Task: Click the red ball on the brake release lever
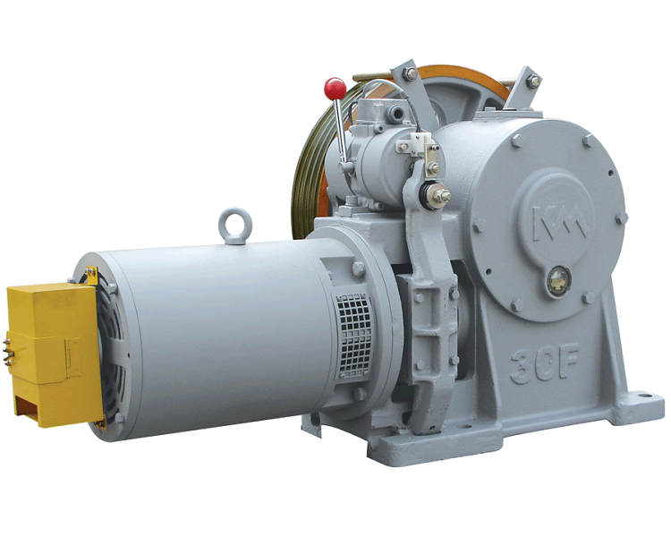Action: click(x=335, y=89)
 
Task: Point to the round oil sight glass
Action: click(x=559, y=280)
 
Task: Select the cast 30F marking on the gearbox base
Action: click(x=543, y=363)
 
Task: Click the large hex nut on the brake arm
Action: click(x=440, y=196)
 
